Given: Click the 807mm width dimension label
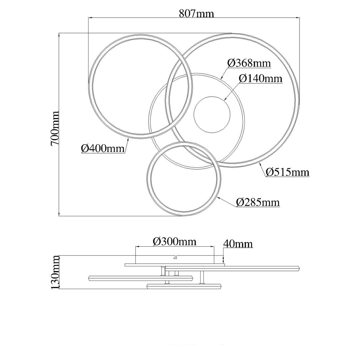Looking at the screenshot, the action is coord(196,14).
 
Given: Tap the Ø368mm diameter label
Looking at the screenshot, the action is coord(249,63).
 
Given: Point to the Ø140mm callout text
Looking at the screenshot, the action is coord(261,79).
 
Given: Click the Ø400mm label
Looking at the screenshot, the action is coord(103,149).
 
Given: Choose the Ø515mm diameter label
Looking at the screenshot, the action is coord(287,172).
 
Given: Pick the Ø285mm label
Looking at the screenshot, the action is coord(258,202).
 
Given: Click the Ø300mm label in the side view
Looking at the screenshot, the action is coord(175,242).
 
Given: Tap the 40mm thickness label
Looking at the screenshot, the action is coord(238,244).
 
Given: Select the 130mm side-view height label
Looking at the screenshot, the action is coord(55,272).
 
